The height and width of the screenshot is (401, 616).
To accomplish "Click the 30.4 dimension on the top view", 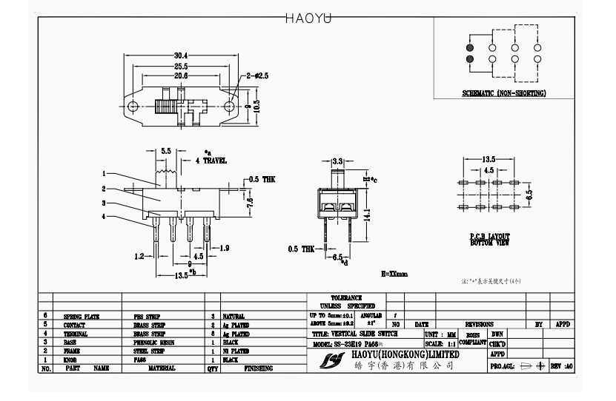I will click(x=181, y=55).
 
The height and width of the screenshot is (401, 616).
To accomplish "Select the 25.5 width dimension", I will click(x=181, y=66).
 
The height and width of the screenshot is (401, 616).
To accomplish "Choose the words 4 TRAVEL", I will click(x=211, y=161).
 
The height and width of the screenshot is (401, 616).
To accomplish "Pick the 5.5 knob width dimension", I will click(x=166, y=150).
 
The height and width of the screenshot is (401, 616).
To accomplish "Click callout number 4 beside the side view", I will click(x=104, y=216).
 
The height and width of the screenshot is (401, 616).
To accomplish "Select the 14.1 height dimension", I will click(x=366, y=213).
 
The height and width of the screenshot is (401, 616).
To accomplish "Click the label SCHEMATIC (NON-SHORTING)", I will click(x=504, y=93).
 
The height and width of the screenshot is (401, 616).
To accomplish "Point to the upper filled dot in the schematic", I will click(x=470, y=47).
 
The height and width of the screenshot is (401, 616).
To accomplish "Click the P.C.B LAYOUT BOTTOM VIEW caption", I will click(x=489, y=239).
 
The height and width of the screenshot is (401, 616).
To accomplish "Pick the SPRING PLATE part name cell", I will click(x=82, y=316).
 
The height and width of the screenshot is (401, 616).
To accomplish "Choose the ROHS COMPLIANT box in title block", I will click(x=472, y=339).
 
